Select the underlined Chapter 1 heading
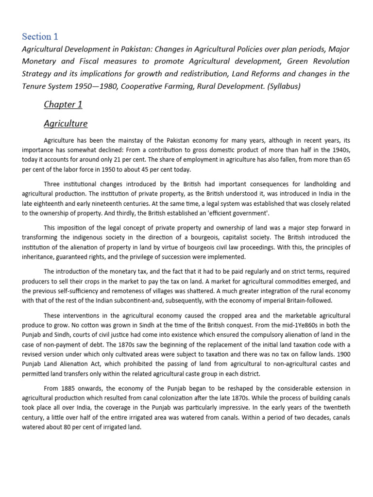pyautogui.click(x=60, y=104)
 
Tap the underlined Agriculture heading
pyautogui.click(x=66, y=123)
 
